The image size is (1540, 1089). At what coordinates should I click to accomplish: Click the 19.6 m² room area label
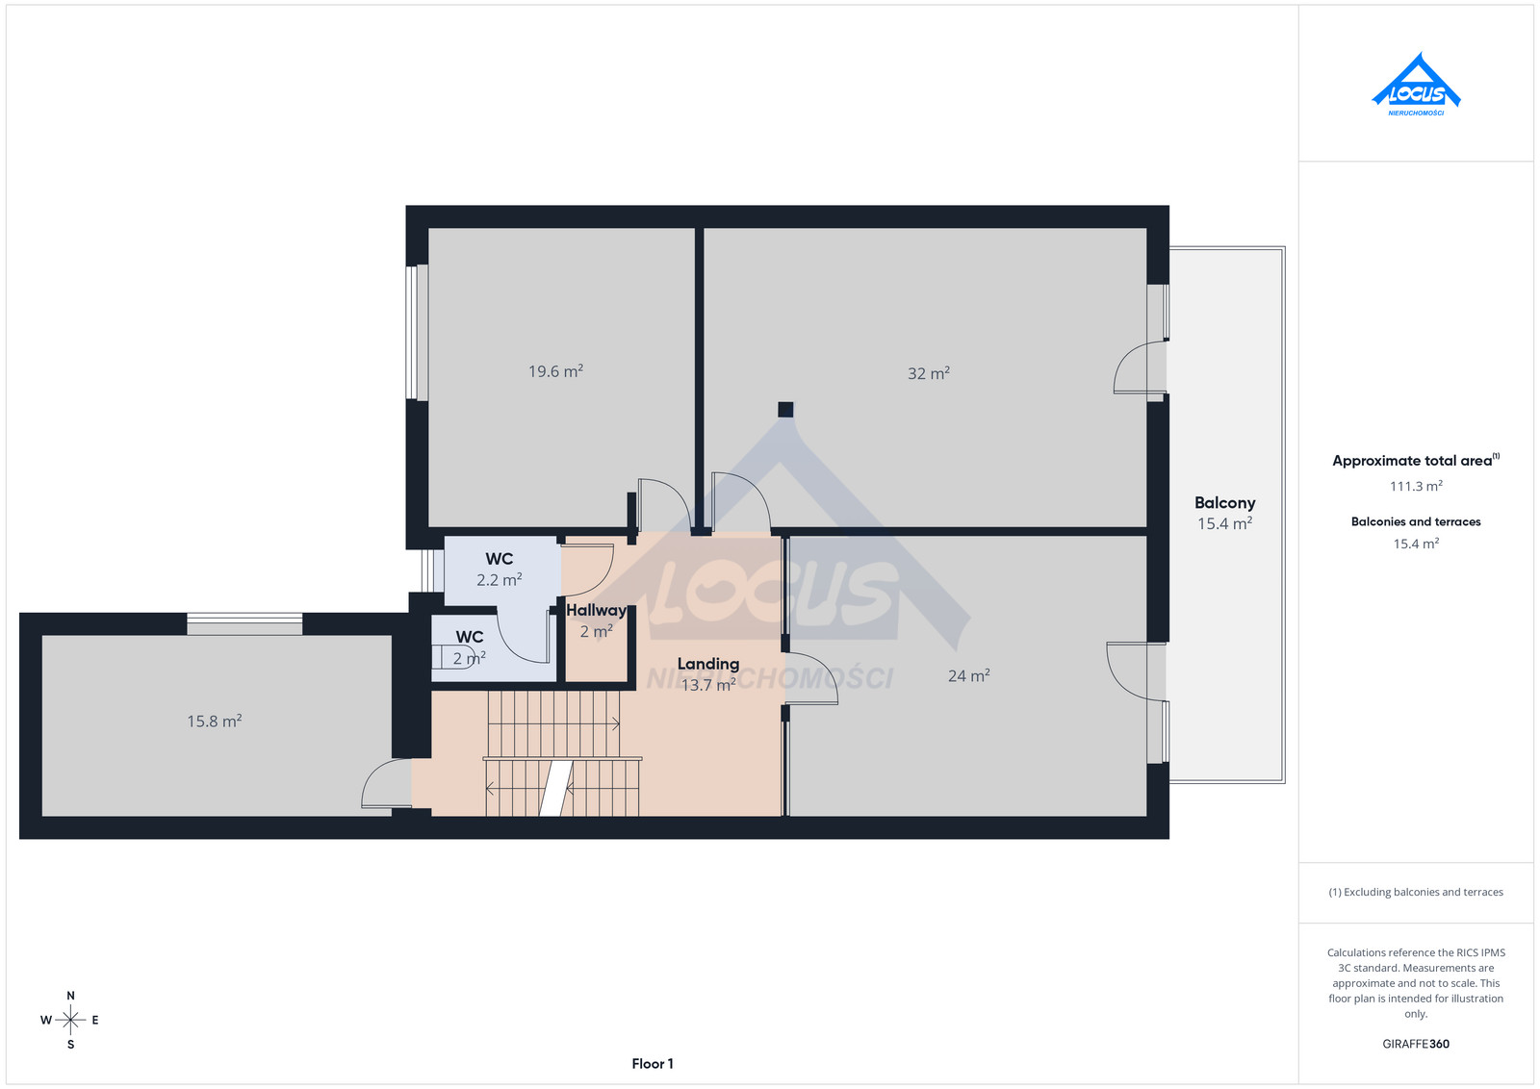[x=555, y=371]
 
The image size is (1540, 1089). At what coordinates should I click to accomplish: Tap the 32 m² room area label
[x=929, y=373]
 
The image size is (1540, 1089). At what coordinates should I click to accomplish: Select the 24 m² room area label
[x=968, y=675]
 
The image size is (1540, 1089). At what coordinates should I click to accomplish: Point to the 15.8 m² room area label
[x=215, y=721]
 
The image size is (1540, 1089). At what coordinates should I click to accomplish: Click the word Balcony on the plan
[x=1224, y=503]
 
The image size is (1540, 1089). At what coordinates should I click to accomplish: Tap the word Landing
[x=708, y=664]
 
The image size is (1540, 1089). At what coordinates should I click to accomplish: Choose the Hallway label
[x=596, y=610]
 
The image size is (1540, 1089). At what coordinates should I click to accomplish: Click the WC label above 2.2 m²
[x=500, y=559]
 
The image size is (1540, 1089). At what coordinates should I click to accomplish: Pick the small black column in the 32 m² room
[x=785, y=410]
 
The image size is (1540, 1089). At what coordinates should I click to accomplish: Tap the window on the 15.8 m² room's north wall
[x=244, y=623]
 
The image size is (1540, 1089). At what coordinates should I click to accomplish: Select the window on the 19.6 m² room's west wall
[x=417, y=333]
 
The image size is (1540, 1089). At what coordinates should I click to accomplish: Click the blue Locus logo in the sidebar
[x=1416, y=84]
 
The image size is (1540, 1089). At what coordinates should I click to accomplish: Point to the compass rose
[x=70, y=1020]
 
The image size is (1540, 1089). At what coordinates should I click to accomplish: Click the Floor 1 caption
[x=653, y=1064]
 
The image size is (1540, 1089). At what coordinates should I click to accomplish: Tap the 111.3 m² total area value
[x=1416, y=486]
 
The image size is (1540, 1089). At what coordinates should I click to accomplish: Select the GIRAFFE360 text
[x=1416, y=1044]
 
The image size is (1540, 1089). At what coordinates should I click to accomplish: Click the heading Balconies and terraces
[x=1416, y=521]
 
